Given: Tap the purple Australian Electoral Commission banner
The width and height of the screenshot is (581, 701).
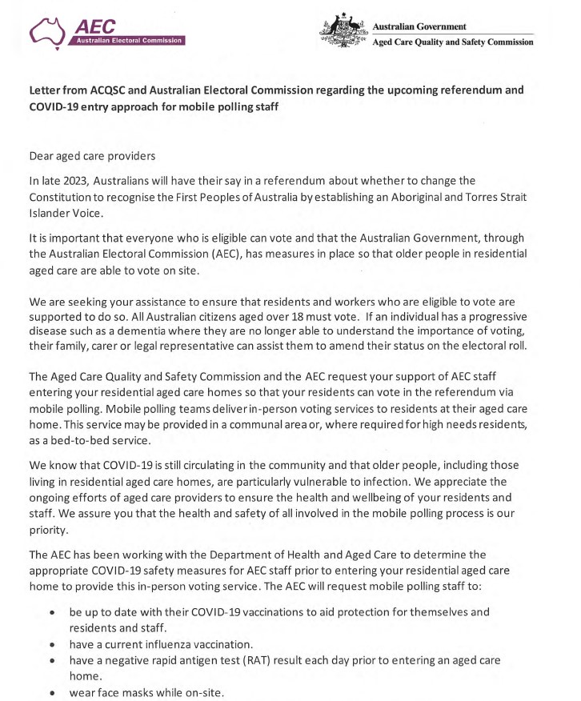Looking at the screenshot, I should pos(128,40).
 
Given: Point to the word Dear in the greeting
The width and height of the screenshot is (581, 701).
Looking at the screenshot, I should pos(42,155).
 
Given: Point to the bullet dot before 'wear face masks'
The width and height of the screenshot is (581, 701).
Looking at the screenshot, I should pos(52,693).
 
